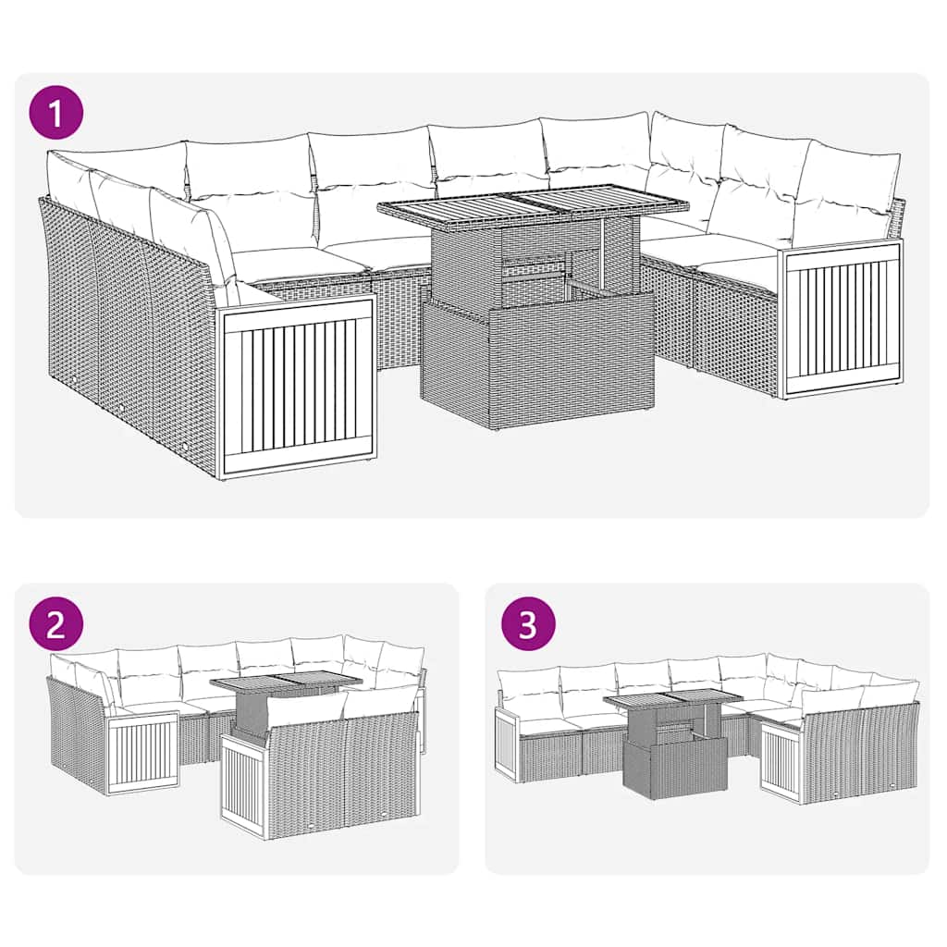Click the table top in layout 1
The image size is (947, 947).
point(534,203)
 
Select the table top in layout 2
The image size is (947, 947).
point(286,683)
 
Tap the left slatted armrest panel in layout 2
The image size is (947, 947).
point(142,752)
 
